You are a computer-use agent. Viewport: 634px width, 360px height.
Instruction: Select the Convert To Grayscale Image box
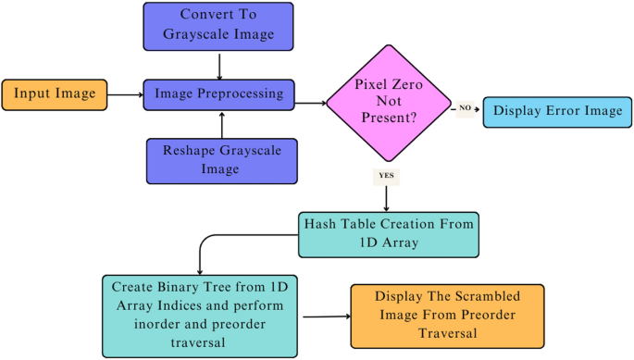point(219,27)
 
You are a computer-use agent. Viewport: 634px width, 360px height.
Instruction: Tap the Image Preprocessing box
point(219,93)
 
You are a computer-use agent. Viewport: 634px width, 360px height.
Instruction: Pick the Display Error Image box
point(558,109)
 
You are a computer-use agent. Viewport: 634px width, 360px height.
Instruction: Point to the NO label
point(465,109)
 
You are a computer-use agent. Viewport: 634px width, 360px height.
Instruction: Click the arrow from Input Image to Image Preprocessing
point(125,94)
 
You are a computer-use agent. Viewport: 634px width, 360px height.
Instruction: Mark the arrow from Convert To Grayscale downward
point(219,65)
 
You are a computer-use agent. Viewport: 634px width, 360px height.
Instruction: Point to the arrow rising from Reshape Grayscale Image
point(219,124)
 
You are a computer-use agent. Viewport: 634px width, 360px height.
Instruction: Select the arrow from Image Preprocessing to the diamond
point(311,102)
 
